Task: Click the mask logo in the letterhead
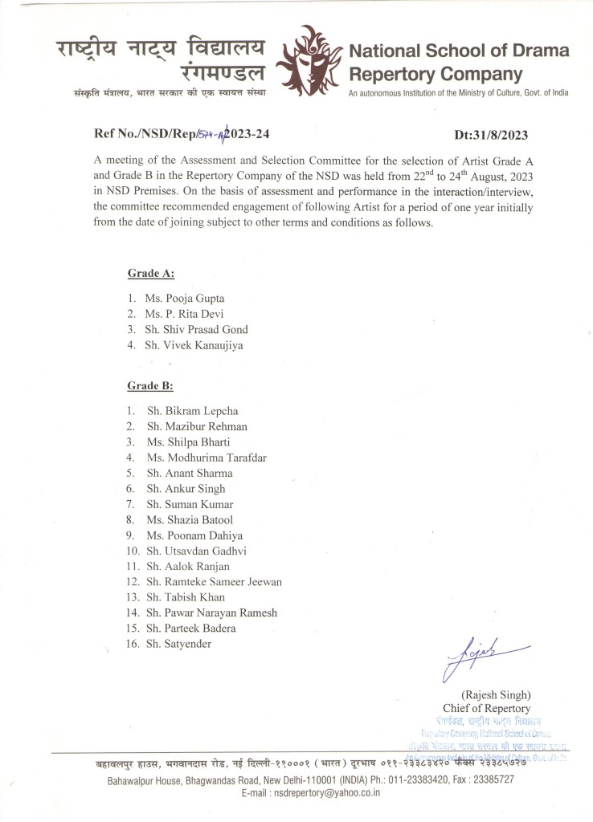(x=309, y=61)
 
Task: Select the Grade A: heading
(x=151, y=274)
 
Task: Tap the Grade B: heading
(x=150, y=386)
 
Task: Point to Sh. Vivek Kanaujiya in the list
(x=194, y=345)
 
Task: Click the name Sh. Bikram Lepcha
(x=192, y=411)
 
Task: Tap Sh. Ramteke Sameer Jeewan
(x=214, y=581)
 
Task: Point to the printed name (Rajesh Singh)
(x=496, y=694)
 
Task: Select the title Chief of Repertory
(x=486, y=708)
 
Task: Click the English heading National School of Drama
(x=459, y=51)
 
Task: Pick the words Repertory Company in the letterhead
(x=436, y=75)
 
